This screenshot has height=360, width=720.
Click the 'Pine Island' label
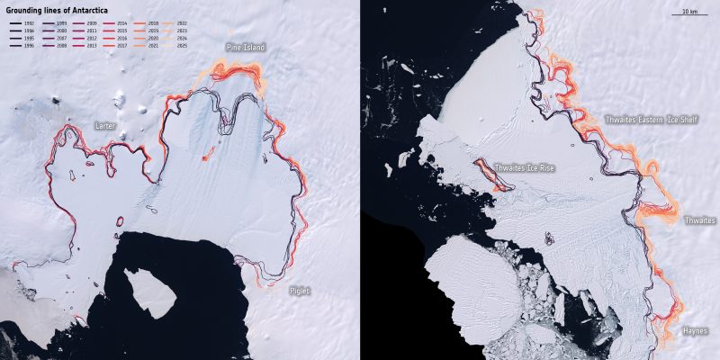tap(245, 47)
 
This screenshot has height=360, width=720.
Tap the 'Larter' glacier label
tap(105, 126)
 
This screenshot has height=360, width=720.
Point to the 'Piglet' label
tap(299, 291)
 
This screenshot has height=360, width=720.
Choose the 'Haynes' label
tap(693, 331)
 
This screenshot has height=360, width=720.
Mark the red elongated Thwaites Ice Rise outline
tap(494, 175)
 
